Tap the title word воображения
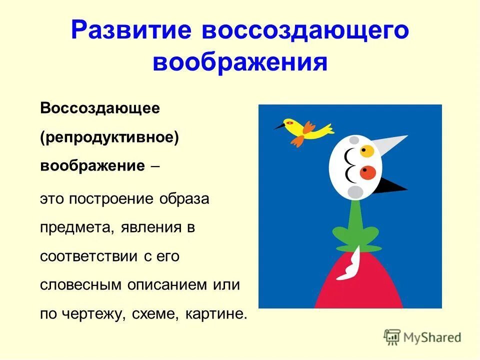(x=240, y=63)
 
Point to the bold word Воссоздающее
(x=100, y=108)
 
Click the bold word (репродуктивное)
(x=109, y=137)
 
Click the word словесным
(x=80, y=285)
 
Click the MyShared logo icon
(x=393, y=337)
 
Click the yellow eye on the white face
(x=368, y=150)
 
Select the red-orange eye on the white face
(x=368, y=173)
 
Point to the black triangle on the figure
(x=392, y=186)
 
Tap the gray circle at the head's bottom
(x=355, y=191)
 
